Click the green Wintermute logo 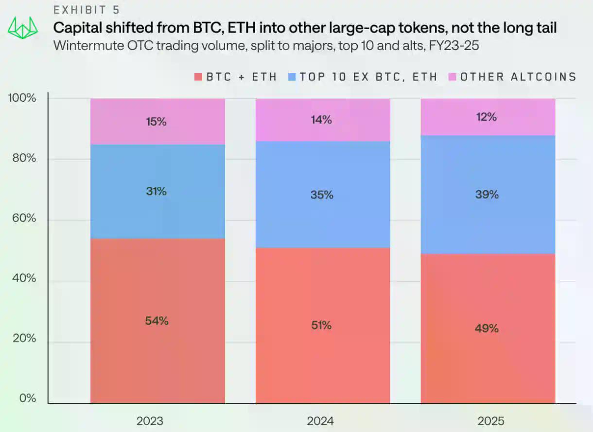point(23,29)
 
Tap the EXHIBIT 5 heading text point(86,10)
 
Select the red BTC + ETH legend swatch point(198,77)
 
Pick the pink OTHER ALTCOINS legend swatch point(452,77)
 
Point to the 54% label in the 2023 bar point(157,321)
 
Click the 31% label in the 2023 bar point(157,192)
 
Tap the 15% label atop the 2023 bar point(157,122)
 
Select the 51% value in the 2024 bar point(322,325)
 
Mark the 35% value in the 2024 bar point(322,195)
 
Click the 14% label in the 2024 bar point(322,120)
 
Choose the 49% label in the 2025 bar point(487,328)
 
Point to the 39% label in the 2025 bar point(487,195)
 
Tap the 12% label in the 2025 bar point(487,117)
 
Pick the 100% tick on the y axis point(22,98)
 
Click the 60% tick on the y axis point(24,218)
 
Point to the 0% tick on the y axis point(27,398)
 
